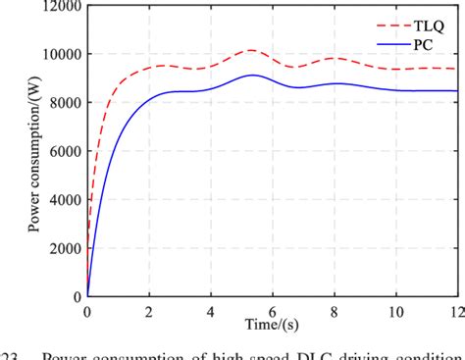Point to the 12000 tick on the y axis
[x=56, y=7]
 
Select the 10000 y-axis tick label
[x=56, y=55]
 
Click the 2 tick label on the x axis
[x=148, y=311]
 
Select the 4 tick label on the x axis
[x=210, y=311]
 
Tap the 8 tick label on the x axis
[x=333, y=311]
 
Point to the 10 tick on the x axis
[x=393, y=311]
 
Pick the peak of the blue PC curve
[x=252, y=76]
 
